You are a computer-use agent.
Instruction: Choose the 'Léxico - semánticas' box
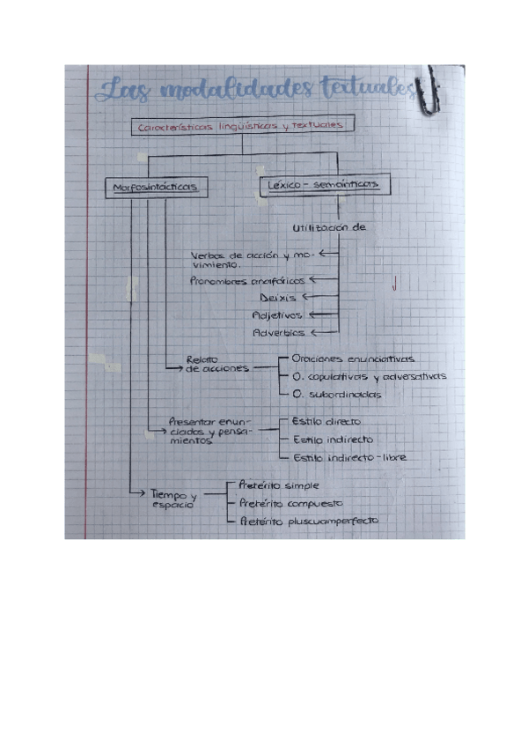coord(322,185)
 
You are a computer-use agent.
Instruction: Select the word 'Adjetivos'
coord(277,315)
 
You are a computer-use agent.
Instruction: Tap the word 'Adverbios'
coord(278,333)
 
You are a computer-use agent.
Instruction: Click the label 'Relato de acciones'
coord(206,364)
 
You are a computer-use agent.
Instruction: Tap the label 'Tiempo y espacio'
coord(172,499)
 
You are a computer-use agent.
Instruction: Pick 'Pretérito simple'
coord(279,485)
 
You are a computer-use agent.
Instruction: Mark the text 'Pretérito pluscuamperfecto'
coord(309,521)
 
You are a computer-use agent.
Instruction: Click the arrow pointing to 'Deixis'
coord(310,298)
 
